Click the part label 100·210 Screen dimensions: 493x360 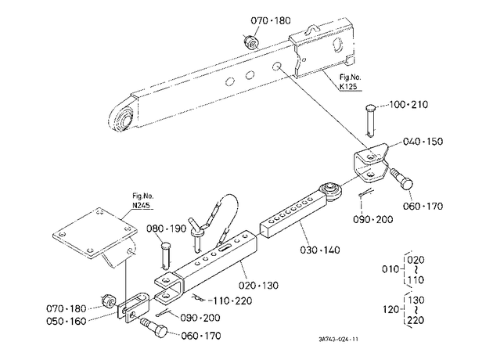[408, 104]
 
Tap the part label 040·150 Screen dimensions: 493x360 [423, 141]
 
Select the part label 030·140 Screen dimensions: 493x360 [320, 250]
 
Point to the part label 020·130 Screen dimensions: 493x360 [258, 286]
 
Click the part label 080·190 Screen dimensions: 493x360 [167, 229]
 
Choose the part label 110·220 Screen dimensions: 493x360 [232, 301]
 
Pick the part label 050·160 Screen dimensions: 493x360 [66, 322]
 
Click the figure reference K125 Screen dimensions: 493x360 [348, 86]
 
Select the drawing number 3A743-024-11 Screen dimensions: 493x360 [338, 339]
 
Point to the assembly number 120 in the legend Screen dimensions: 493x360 [391, 309]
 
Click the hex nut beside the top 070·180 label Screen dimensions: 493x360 [251, 42]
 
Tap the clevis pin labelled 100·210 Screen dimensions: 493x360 [371, 121]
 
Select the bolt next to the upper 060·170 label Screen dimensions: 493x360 [401, 178]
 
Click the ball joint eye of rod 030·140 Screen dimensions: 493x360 [330, 191]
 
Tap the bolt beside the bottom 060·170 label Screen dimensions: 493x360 [154, 328]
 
